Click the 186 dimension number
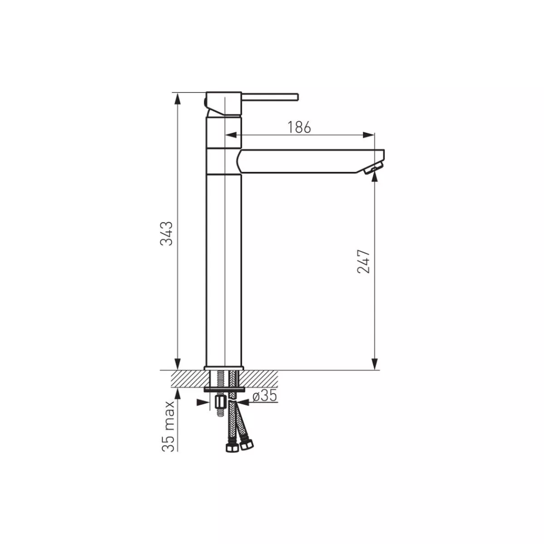pos(300,128)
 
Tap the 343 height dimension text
pos(168,233)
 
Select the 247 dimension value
pos(364,261)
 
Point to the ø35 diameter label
pos(264,396)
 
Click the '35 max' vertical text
pos(169,426)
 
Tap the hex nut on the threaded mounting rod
pos(220,402)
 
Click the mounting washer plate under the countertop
pos(223,389)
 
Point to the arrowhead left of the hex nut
pos(201,402)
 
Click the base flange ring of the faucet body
pos(223,368)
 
